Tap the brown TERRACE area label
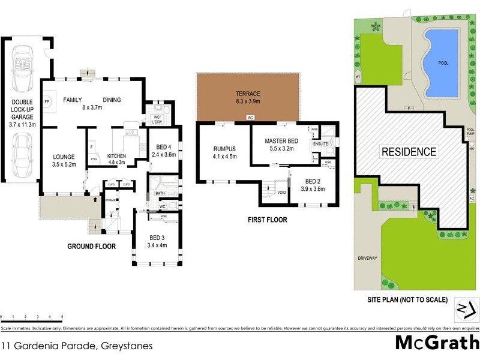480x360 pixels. [x=247, y=94]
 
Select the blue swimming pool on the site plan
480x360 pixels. [x=441, y=62]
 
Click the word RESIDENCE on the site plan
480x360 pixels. [x=409, y=151]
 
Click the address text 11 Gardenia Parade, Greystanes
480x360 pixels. [x=77, y=346]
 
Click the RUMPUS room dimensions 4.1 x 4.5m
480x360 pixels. [x=225, y=157]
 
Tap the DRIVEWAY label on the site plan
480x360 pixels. [x=367, y=258]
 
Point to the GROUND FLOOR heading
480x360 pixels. [x=91, y=246]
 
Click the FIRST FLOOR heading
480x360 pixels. [x=267, y=220]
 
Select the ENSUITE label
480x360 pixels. [x=320, y=145]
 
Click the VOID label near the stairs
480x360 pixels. [x=281, y=193]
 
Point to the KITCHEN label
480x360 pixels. [x=117, y=155]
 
